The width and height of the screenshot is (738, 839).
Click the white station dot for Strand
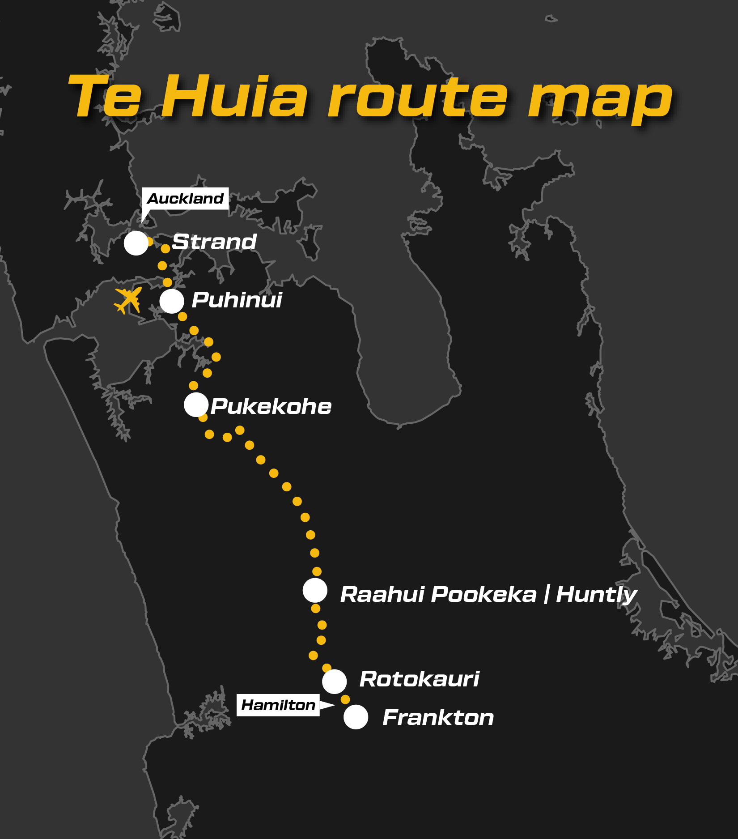136,243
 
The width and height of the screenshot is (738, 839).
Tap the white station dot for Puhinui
172,301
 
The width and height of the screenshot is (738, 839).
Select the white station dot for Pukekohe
196,405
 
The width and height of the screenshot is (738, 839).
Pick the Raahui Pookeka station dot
315,590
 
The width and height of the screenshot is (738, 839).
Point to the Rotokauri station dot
334,681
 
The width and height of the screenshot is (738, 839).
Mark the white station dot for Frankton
356,717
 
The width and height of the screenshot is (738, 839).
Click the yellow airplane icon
128,300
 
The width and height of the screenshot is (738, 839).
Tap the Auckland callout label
185,199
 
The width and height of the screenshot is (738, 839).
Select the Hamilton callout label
278,705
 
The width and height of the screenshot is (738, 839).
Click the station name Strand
214,242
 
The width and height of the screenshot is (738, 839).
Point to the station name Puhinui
237,300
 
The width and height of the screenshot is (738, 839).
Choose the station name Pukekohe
271,407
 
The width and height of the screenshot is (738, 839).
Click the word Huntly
596,595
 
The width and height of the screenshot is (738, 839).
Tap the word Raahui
382,595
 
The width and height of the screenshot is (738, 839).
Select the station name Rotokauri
419,679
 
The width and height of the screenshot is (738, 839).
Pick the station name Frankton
438,718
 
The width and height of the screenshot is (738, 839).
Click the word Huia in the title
234,96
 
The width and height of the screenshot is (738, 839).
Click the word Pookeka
484,595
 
